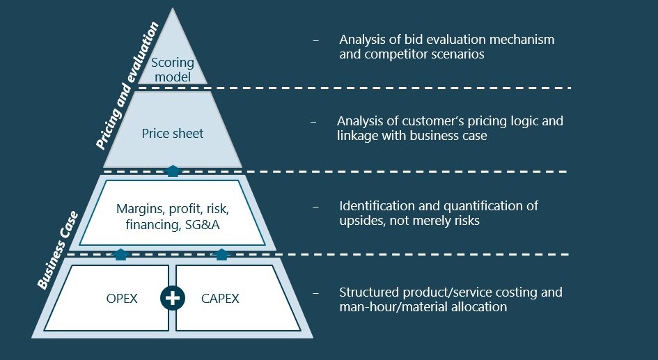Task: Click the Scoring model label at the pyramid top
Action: [x=173, y=70]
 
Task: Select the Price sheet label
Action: [x=173, y=133]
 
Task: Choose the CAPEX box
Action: [x=220, y=299]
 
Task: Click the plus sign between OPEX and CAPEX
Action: [x=172, y=298]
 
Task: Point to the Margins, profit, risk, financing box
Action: [x=173, y=216]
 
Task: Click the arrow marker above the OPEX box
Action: [x=120, y=254]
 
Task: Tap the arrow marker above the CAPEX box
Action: [x=221, y=254]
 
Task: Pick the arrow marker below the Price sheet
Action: [x=173, y=170]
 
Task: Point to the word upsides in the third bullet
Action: [x=362, y=221]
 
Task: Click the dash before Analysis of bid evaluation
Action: [x=315, y=40]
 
